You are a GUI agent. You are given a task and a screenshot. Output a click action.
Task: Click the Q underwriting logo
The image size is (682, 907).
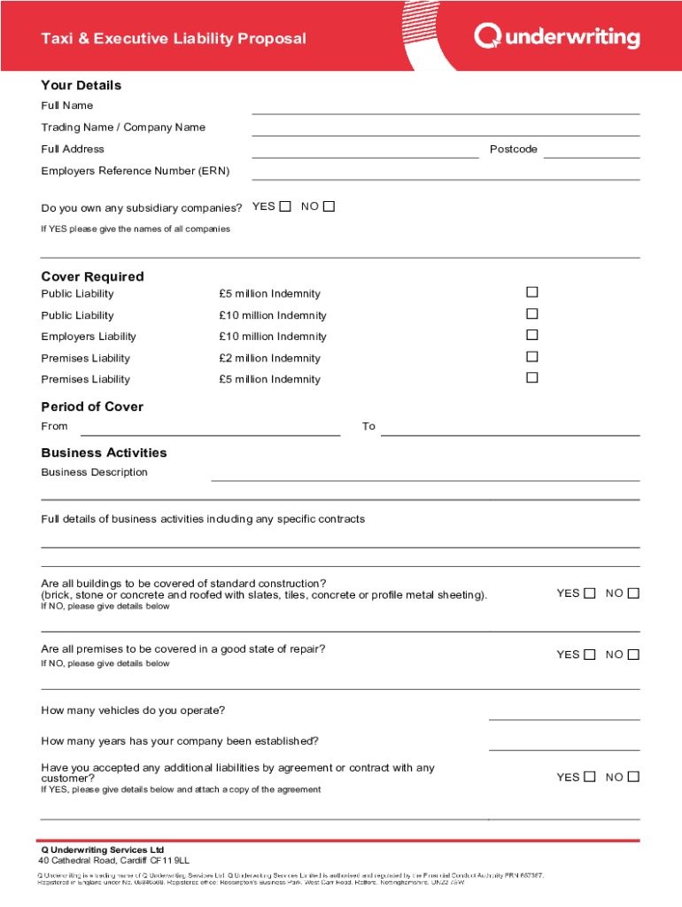(x=556, y=37)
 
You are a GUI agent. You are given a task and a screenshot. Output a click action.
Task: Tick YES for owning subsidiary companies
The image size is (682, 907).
(x=284, y=207)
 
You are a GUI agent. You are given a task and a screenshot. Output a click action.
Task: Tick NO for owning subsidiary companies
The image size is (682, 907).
(x=329, y=207)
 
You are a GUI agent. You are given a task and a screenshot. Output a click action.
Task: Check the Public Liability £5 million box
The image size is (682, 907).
(x=532, y=292)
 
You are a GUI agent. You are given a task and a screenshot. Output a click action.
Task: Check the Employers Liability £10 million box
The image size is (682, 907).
(x=532, y=335)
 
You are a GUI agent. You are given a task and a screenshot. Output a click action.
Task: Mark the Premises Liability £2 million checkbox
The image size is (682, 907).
(x=532, y=356)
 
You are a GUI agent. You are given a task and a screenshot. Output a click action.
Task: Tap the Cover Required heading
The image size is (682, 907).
(x=92, y=276)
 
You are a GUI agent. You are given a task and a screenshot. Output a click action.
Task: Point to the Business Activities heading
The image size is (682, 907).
(x=104, y=453)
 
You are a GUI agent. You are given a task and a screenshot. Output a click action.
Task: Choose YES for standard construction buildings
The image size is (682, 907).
(x=589, y=593)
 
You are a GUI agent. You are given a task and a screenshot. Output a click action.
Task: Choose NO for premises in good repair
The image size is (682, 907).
(x=633, y=655)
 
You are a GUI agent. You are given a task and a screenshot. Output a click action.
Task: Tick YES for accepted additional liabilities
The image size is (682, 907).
(x=589, y=777)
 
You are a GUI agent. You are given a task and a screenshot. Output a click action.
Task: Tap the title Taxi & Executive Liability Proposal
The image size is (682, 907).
(x=174, y=39)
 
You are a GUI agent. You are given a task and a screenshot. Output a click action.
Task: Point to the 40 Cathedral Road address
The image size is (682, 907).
(x=113, y=860)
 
